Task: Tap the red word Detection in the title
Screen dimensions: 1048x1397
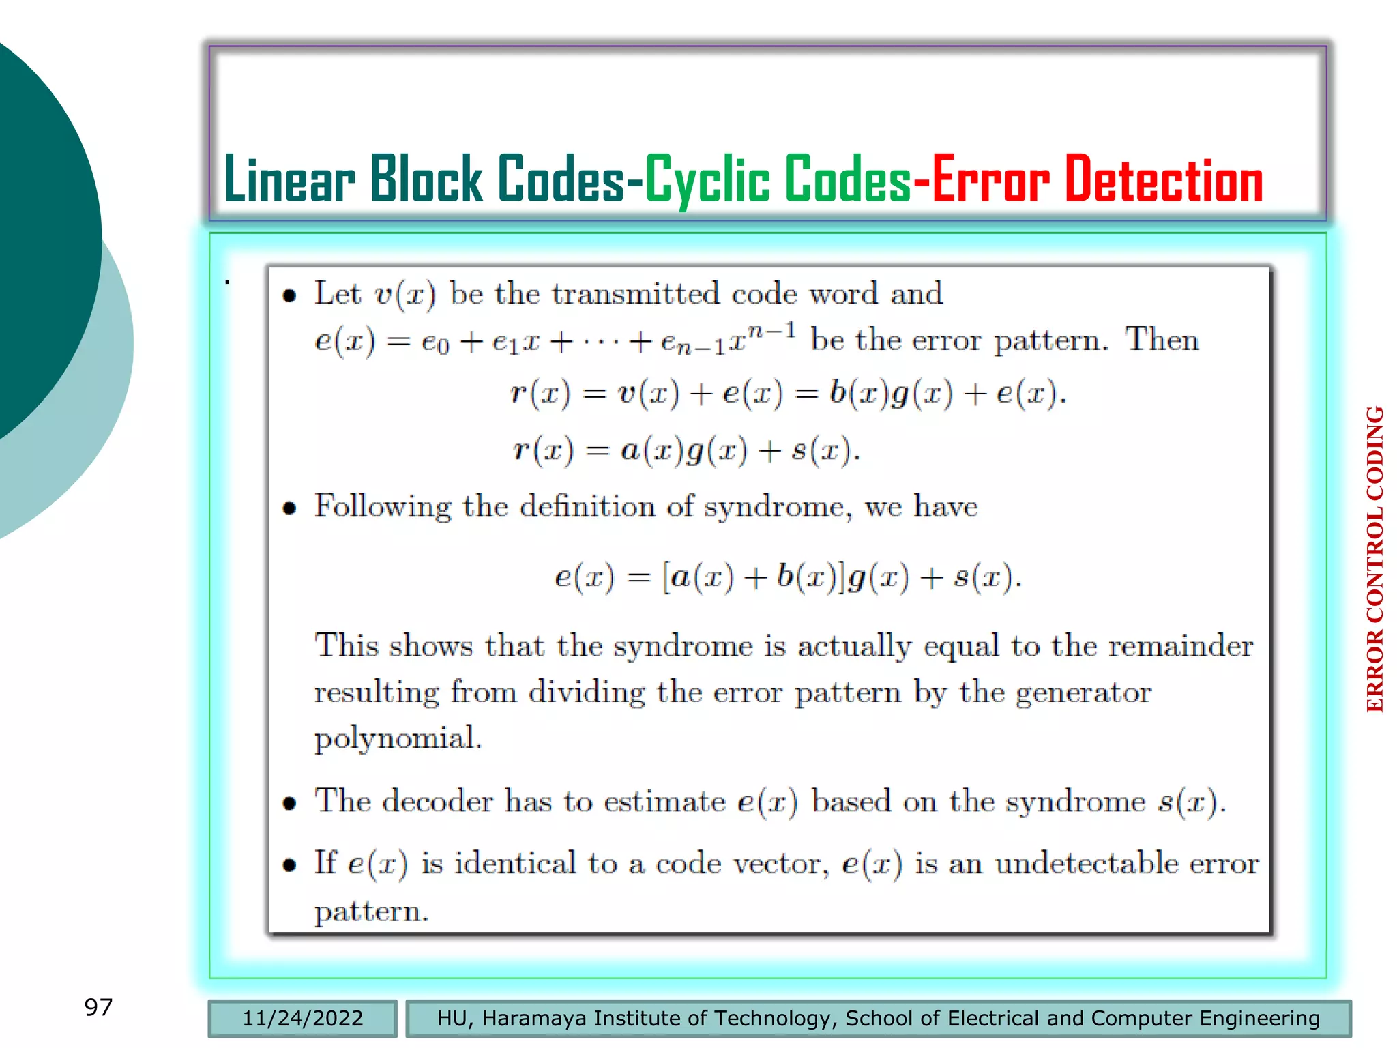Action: (1163, 180)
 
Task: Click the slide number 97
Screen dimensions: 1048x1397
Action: (98, 1006)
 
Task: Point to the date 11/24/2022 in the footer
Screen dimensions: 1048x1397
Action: (302, 1018)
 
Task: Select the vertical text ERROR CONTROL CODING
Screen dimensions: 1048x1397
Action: (1374, 559)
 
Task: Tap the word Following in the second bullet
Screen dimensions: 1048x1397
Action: (382, 507)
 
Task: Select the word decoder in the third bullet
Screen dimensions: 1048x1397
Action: (437, 801)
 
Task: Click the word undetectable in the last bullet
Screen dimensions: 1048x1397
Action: (1087, 864)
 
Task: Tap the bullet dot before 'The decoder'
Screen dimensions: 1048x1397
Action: (289, 803)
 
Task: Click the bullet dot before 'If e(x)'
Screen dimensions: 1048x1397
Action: (289, 866)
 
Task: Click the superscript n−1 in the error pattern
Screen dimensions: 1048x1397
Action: (771, 331)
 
